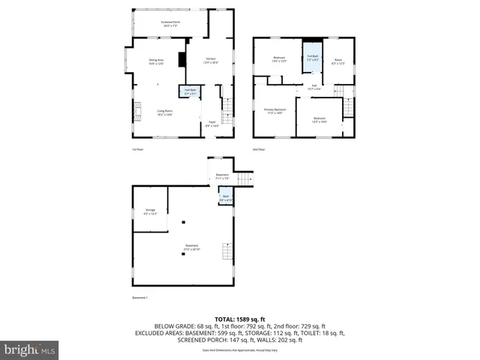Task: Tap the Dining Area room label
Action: click(x=156, y=62)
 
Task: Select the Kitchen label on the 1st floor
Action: click(x=211, y=61)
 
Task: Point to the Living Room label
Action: click(x=165, y=113)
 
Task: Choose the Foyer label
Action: click(x=212, y=124)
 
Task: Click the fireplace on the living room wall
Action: click(x=136, y=112)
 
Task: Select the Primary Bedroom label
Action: click(x=274, y=112)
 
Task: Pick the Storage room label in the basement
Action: click(x=150, y=212)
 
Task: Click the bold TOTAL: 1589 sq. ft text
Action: click(x=240, y=319)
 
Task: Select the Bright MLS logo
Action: click(x=29, y=349)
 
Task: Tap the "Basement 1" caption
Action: click(x=139, y=297)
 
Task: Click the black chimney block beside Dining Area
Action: click(x=180, y=61)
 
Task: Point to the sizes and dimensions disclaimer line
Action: click(x=240, y=350)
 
